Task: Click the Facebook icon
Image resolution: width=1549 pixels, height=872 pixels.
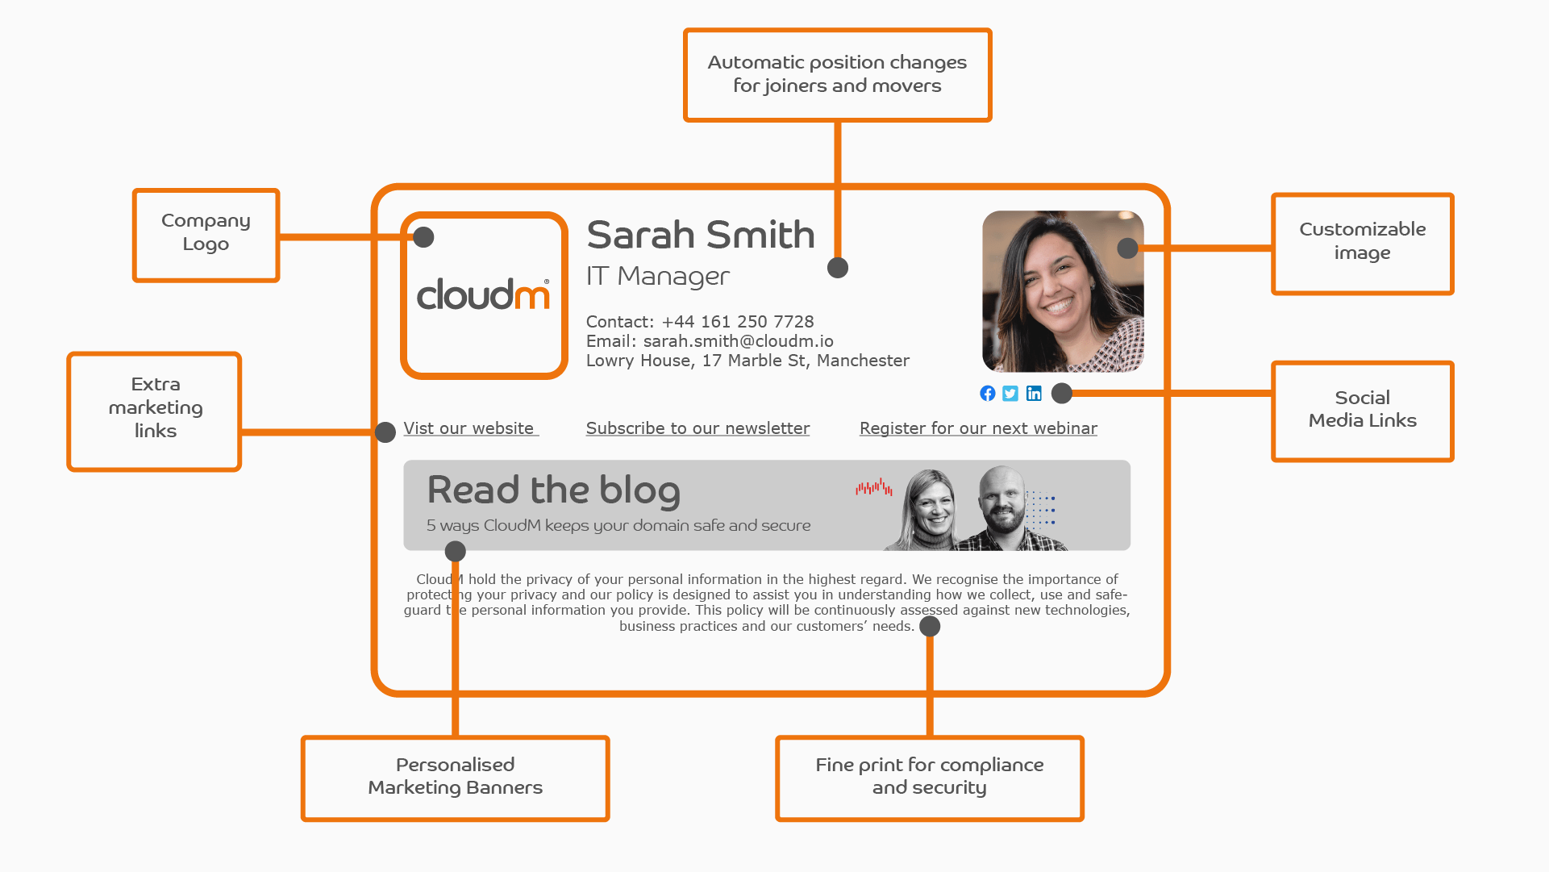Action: (987, 393)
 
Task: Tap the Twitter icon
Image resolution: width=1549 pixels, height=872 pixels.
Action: (1010, 393)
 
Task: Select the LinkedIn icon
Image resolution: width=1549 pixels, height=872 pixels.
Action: (1034, 393)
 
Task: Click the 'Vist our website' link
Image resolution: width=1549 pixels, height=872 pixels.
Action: (468, 428)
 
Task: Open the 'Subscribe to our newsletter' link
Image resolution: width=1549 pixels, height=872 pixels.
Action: (697, 428)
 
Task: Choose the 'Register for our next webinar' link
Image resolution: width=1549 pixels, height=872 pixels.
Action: (978, 428)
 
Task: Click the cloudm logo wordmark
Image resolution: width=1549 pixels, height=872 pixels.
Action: (483, 294)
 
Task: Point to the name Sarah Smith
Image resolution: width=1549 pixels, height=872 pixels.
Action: (701, 235)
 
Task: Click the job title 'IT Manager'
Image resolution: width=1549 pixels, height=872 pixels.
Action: (657, 277)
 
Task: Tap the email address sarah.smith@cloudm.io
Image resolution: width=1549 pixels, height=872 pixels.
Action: (738, 341)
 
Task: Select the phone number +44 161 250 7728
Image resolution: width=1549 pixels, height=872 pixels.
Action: (737, 322)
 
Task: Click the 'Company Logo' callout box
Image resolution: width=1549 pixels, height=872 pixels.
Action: (206, 235)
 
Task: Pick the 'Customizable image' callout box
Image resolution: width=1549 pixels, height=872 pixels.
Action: (1362, 243)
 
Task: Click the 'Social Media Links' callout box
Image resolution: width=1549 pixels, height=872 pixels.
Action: (1362, 411)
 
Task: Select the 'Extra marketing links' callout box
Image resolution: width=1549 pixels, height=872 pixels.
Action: (154, 411)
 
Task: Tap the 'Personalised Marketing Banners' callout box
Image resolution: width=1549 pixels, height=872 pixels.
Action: (455, 778)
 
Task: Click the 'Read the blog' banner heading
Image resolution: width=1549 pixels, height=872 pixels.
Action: (553, 490)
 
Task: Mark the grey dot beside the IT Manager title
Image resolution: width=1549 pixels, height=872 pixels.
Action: (838, 268)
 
